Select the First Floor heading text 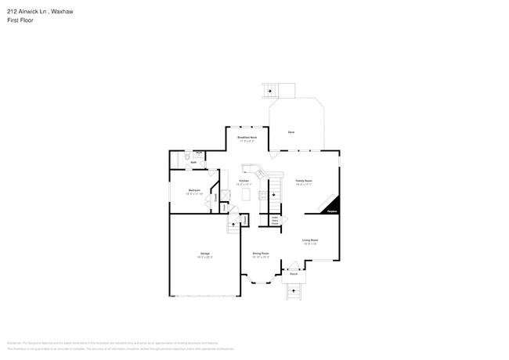tap(21, 20)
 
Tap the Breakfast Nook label tap(247, 138)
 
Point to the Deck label tap(291, 132)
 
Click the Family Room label tap(304, 181)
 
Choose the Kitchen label tap(244, 181)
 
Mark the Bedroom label tap(193, 190)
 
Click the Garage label tap(204, 254)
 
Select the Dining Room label tap(261, 254)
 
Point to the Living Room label tap(310, 240)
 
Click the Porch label tap(293, 275)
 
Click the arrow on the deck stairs tap(272, 91)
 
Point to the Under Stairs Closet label tap(276, 221)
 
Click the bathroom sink tap(200, 153)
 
